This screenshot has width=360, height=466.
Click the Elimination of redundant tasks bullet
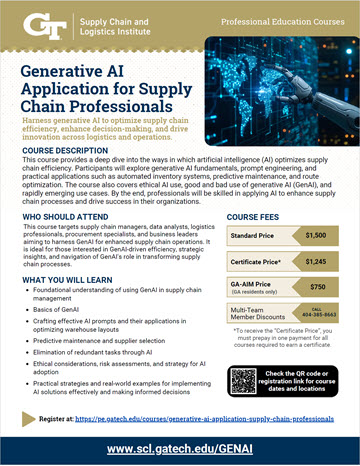[100, 367]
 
